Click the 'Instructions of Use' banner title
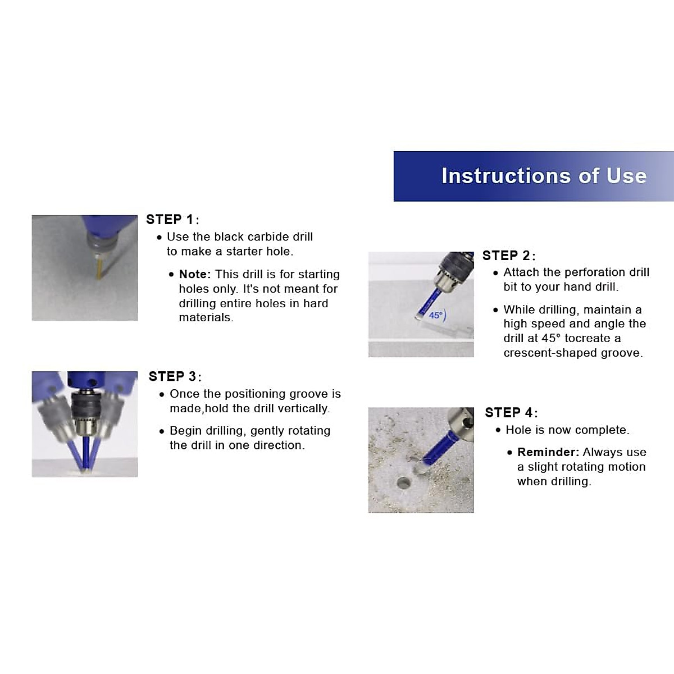(x=544, y=176)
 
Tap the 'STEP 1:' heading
(x=172, y=220)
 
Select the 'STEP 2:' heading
(x=508, y=256)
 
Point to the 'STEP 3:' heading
(x=175, y=376)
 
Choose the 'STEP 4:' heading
(x=511, y=413)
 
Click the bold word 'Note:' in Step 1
(x=195, y=274)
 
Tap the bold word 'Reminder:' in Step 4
(x=548, y=452)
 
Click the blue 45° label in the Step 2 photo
(x=437, y=315)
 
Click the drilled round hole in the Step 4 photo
(x=404, y=483)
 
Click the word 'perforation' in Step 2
(x=591, y=272)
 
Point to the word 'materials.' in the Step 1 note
(x=206, y=317)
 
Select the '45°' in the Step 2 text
(x=551, y=338)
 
